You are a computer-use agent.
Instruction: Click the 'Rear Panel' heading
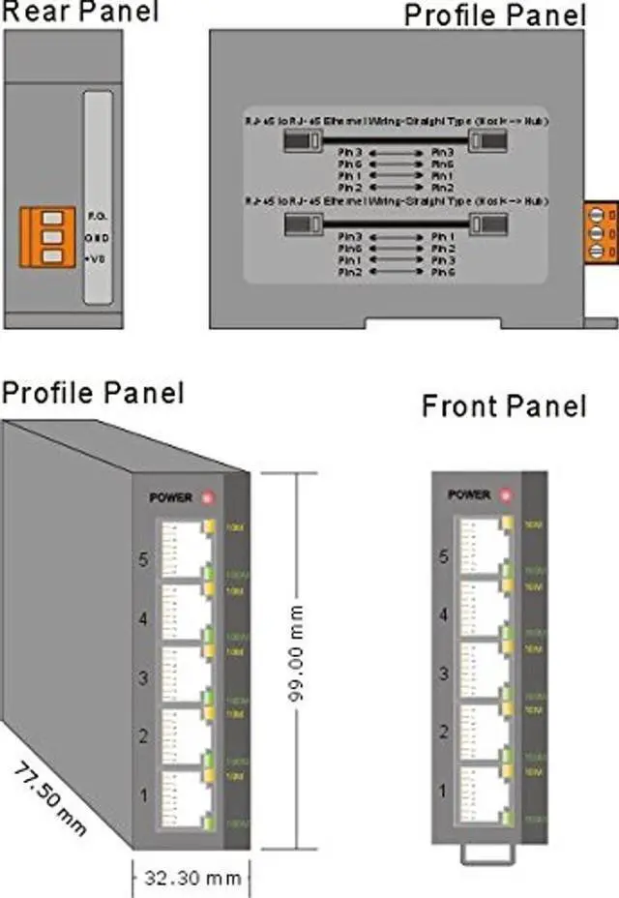(x=78, y=12)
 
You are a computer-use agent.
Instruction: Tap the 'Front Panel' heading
(x=504, y=405)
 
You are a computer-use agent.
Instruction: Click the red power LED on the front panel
(x=504, y=495)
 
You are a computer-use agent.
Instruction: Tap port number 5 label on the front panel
(x=444, y=556)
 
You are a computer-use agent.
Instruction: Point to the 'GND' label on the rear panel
(x=95, y=237)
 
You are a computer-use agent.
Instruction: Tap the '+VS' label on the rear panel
(x=95, y=259)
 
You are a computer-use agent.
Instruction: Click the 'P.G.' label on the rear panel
(x=95, y=215)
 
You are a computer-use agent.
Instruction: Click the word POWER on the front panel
(x=469, y=494)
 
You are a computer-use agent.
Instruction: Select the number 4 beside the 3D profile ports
(x=143, y=619)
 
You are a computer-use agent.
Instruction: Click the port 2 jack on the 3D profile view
(x=181, y=736)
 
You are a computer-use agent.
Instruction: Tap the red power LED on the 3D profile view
(x=206, y=497)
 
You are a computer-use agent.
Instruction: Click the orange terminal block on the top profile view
(x=601, y=232)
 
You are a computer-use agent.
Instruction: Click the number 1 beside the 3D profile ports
(x=143, y=795)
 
